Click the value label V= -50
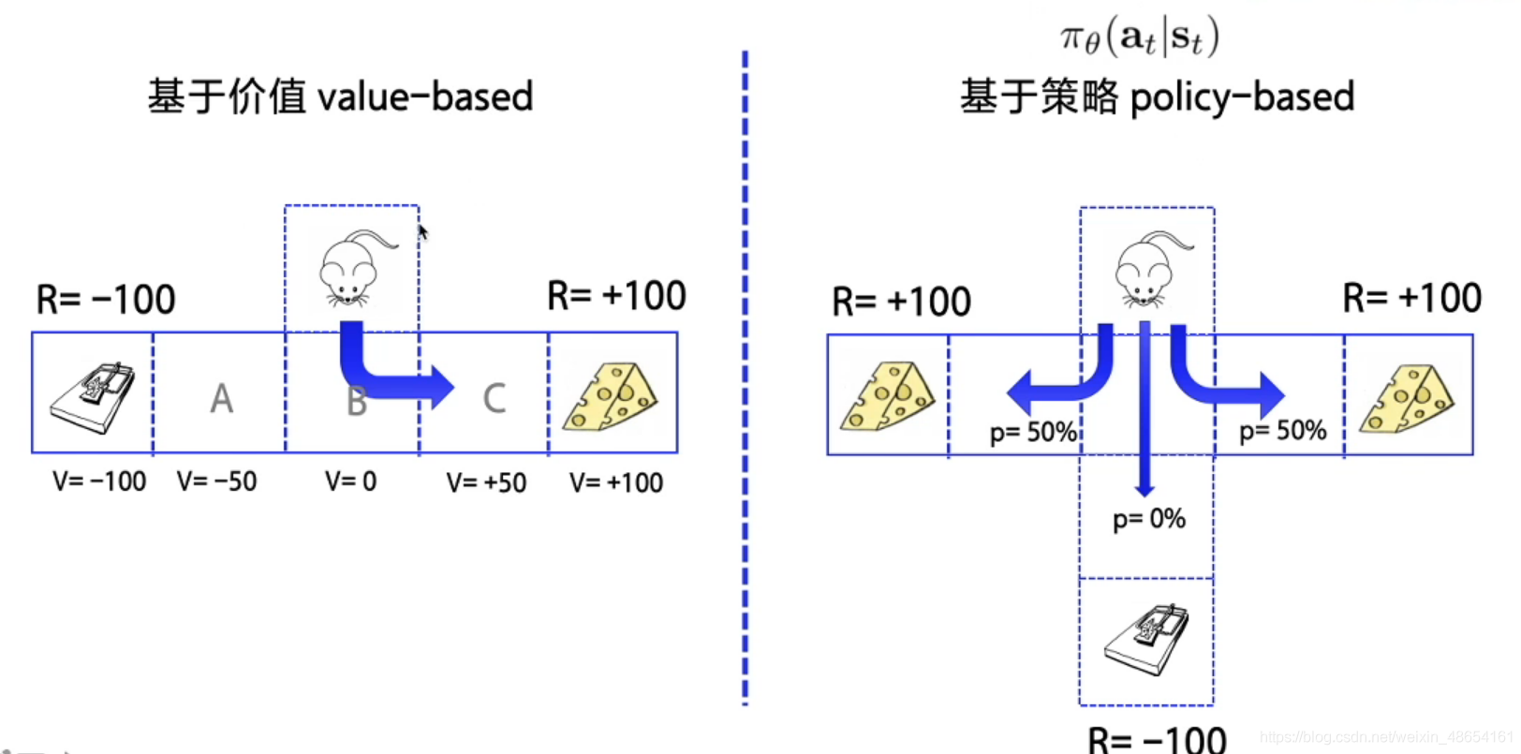tap(216, 481)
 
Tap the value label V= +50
tap(486, 482)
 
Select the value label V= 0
tap(350, 481)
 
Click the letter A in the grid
tap(221, 399)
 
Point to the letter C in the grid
tap(494, 399)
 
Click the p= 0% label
tap(1148, 519)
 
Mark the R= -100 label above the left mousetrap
tap(105, 300)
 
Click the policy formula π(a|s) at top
tap(1139, 37)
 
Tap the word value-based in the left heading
tap(425, 96)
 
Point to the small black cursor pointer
tap(422, 232)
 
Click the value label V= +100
tap(615, 482)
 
